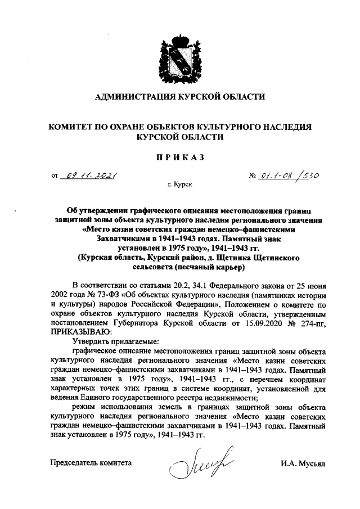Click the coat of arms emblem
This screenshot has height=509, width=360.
tap(179, 57)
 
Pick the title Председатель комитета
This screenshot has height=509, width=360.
tap(91, 464)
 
